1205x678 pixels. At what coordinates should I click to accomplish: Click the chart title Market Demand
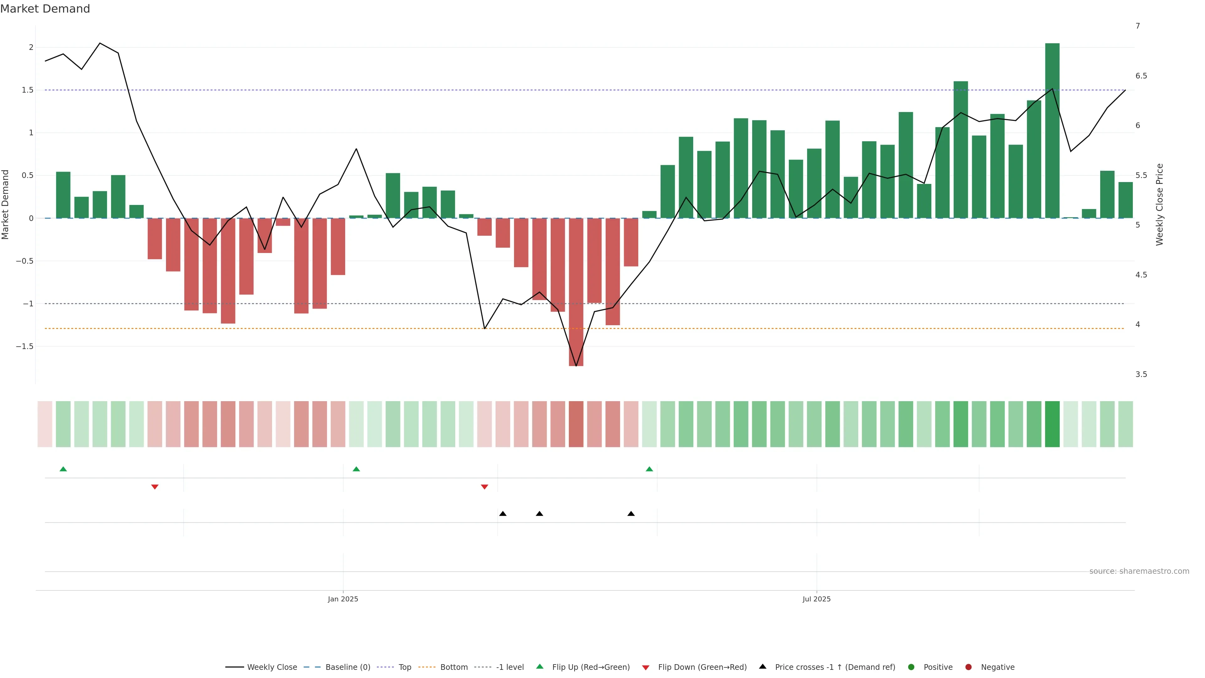[x=45, y=9]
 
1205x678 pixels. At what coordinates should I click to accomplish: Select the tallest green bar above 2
[x=1052, y=131]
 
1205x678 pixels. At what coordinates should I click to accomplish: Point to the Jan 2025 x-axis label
[x=343, y=599]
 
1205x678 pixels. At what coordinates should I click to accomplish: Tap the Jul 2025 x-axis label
[x=816, y=599]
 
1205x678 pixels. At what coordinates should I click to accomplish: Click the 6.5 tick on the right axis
[x=1141, y=76]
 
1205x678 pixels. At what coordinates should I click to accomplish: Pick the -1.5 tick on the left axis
[x=25, y=346]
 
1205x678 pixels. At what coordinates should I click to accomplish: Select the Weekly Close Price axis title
[x=1159, y=204]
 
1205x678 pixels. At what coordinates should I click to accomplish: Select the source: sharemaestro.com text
[x=1139, y=571]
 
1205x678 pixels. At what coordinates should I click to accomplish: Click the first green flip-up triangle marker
[x=63, y=469]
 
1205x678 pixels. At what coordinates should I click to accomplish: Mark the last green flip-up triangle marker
[x=649, y=469]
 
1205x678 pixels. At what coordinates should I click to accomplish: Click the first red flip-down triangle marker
[x=155, y=487]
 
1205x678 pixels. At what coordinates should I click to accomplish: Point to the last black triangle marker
[x=631, y=514]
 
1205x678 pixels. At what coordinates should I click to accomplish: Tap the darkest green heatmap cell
[x=1052, y=424]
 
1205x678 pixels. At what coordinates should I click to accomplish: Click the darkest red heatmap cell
[x=576, y=424]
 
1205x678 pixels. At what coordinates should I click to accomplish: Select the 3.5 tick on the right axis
[x=1141, y=374]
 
